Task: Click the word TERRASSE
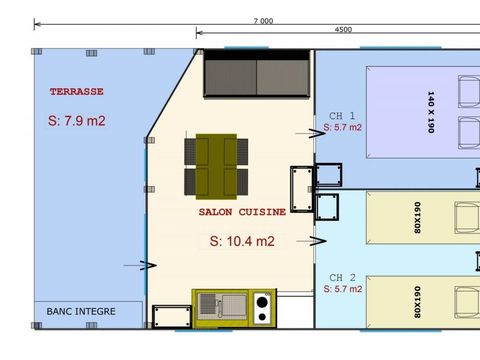[x=77, y=91]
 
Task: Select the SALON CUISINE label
[x=242, y=212]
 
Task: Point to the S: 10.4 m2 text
[x=242, y=241]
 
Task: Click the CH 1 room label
[x=343, y=115]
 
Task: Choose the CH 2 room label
[x=343, y=276]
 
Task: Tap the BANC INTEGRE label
[x=81, y=311]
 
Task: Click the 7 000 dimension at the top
[x=263, y=19]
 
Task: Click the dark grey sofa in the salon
[x=259, y=75]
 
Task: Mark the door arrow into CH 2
[x=319, y=241]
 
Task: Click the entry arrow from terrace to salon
[x=147, y=265]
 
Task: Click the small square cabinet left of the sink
[x=165, y=317]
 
